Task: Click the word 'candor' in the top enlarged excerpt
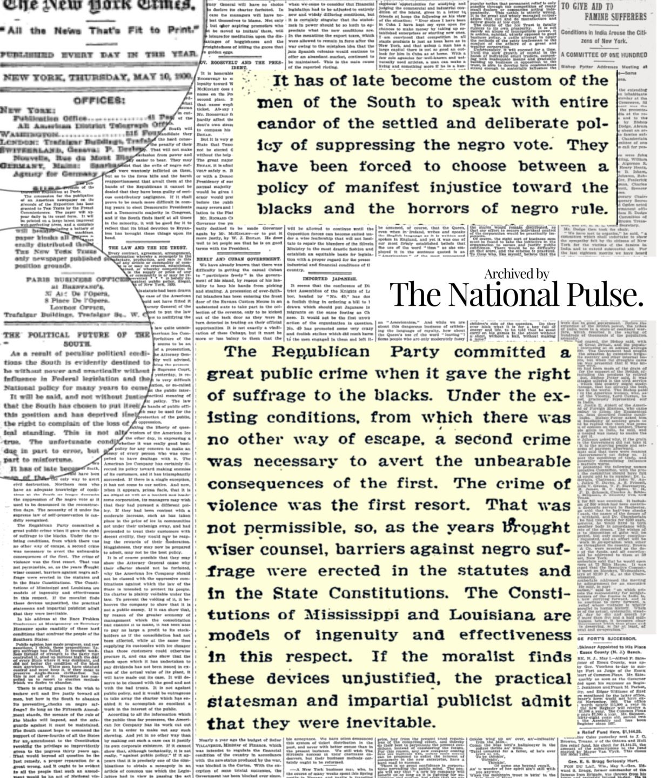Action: tap(287, 123)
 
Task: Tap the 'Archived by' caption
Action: tap(516, 274)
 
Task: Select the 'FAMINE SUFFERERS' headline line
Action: tap(611, 17)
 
